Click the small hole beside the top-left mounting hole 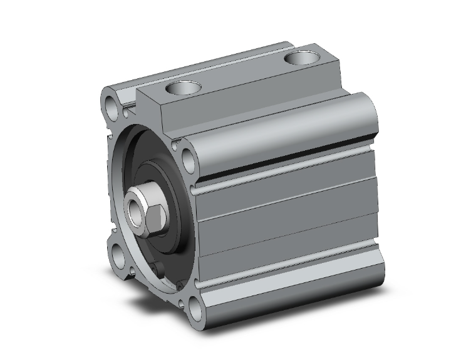(127, 113)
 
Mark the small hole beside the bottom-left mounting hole (133, 274)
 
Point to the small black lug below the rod (160, 270)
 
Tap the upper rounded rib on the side (288, 128)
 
